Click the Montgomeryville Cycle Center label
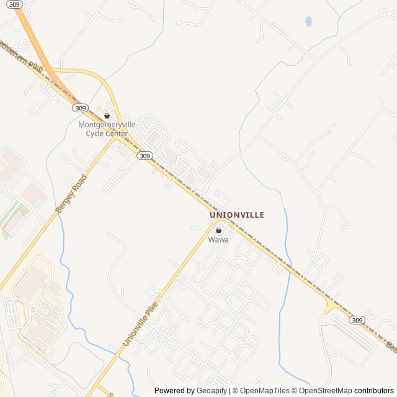tap(103, 129)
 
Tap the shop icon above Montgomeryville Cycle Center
tap(107, 115)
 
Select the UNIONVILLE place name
tap(237, 215)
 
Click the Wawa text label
tap(218, 239)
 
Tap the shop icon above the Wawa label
tap(218, 230)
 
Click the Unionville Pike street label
tap(140, 324)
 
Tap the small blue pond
tap(308, 22)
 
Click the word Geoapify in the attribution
tap(212, 391)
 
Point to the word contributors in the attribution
tap(374, 391)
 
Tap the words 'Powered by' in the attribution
tap(174, 391)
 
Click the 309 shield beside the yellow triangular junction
tap(356, 320)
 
